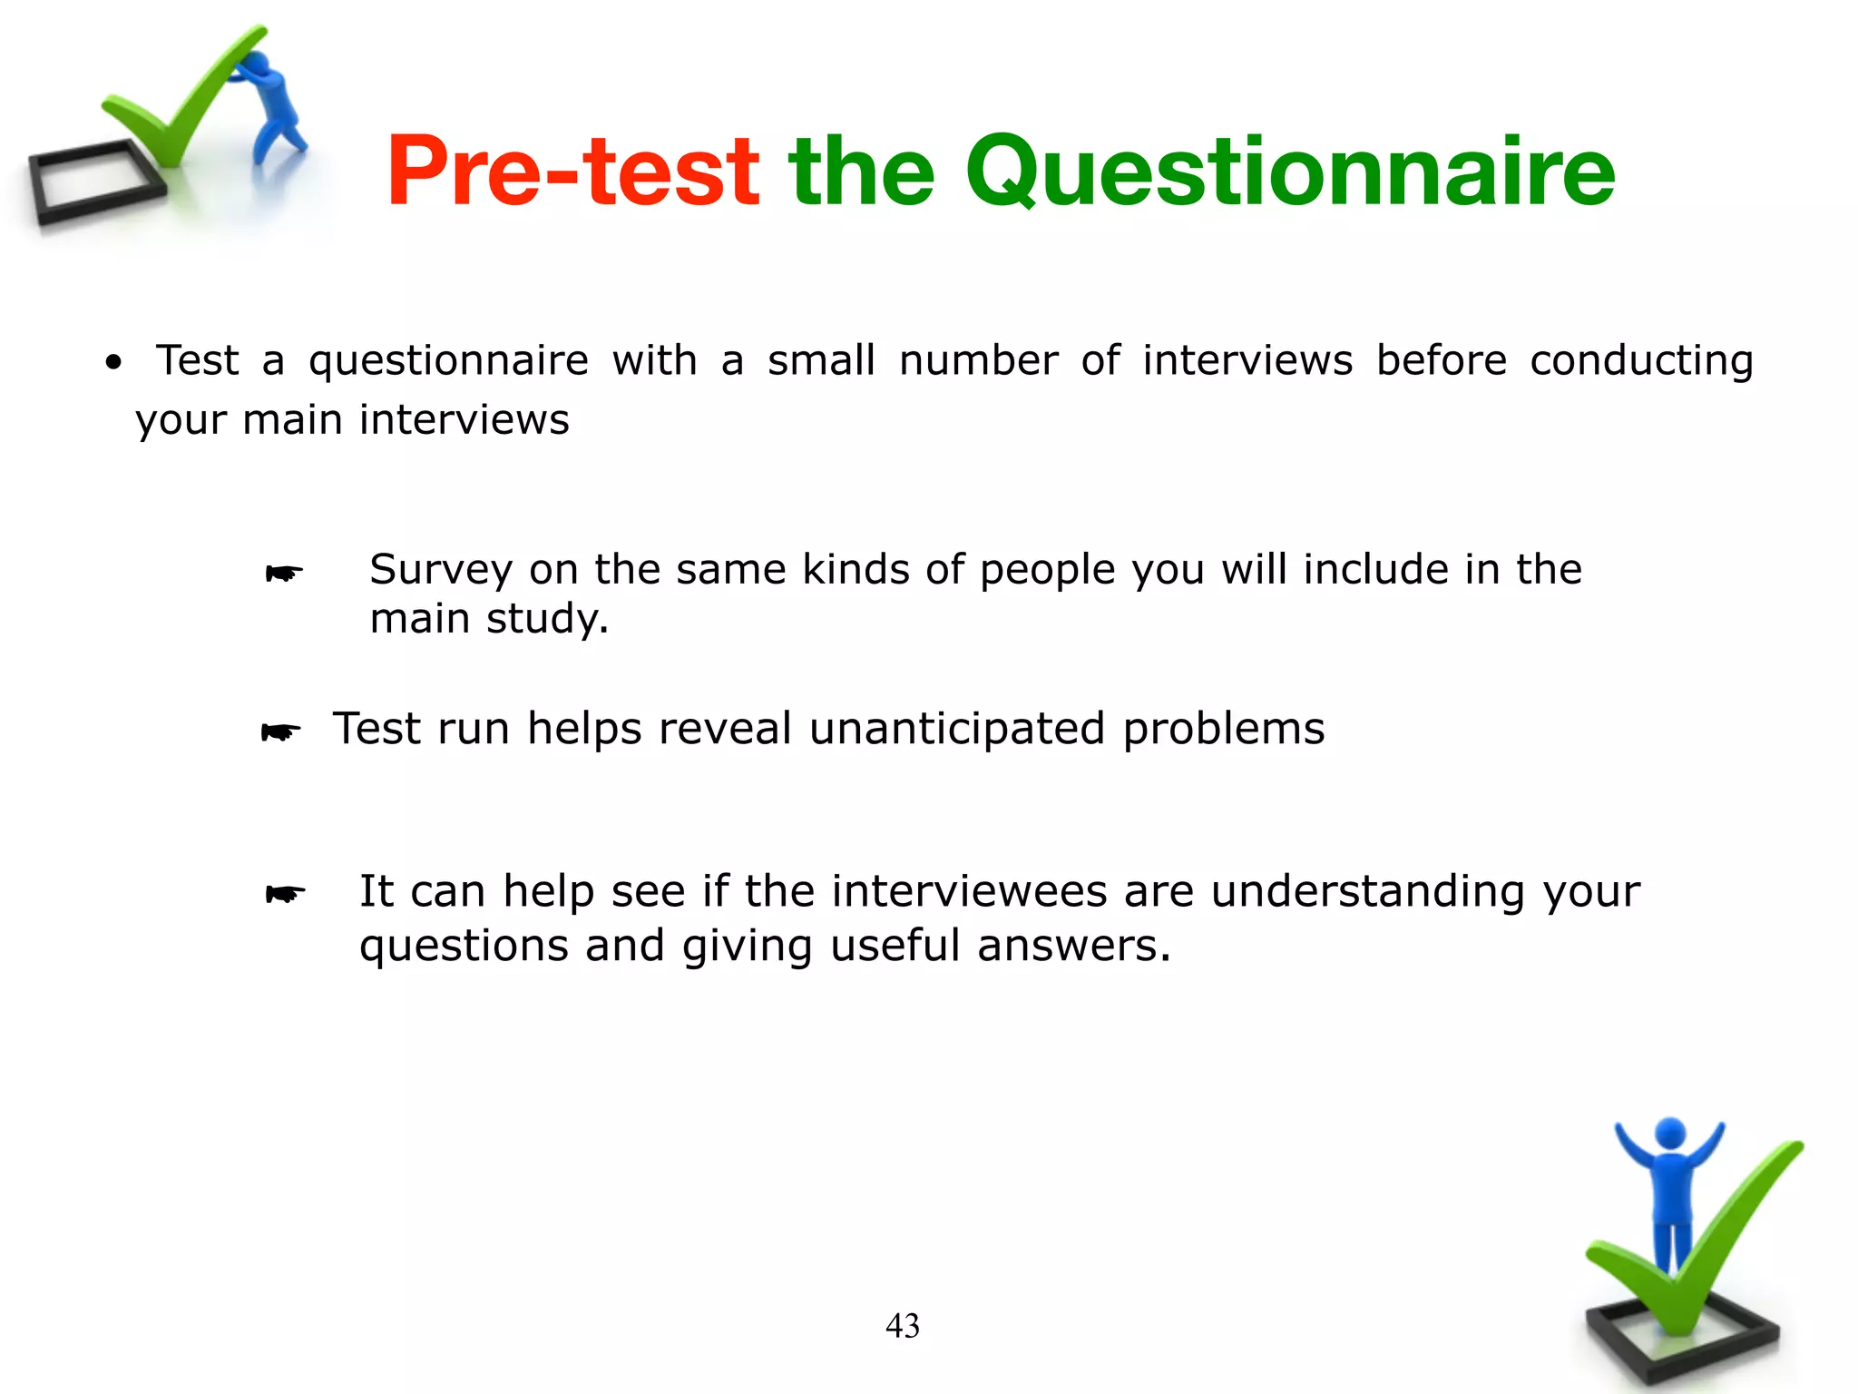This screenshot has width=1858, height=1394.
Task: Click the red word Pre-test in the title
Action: pos(572,172)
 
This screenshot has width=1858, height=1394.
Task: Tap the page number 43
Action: pos(902,1326)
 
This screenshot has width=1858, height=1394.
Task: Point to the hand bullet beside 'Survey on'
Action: pos(284,574)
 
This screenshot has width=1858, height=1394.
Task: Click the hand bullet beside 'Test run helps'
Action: pos(280,731)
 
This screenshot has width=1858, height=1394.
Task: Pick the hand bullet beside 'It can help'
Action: pos(285,895)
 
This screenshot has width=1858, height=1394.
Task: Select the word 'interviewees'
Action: pos(969,891)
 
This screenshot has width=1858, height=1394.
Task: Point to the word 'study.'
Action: pos(547,620)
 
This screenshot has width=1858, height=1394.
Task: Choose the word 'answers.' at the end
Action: pos(1073,946)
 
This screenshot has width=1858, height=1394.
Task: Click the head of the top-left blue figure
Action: pos(257,65)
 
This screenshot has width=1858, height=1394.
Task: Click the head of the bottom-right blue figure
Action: pos(1670,1134)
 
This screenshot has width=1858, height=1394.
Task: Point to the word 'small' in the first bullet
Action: pos(821,360)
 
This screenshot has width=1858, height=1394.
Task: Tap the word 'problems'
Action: pos(1223,729)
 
